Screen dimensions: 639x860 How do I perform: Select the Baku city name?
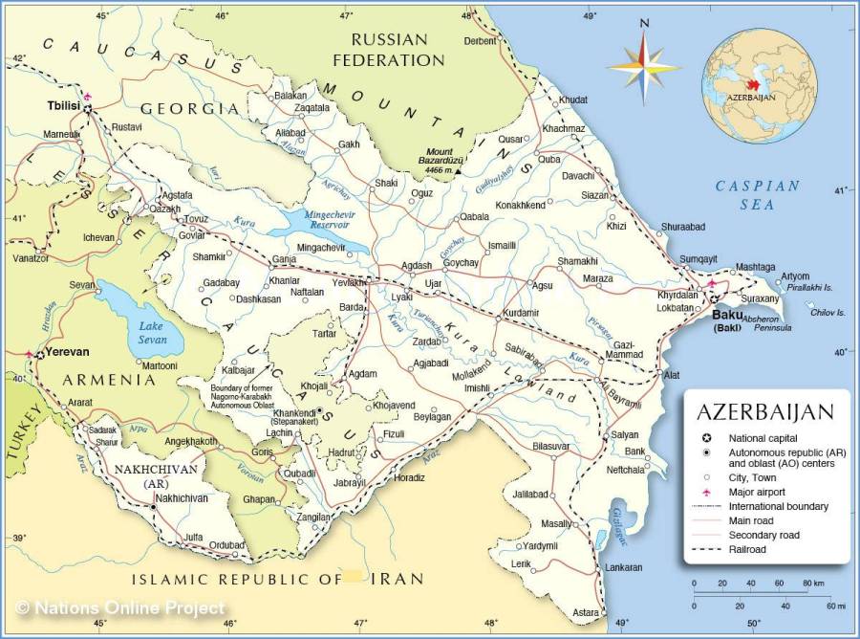pyautogui.click(x=727, y=315)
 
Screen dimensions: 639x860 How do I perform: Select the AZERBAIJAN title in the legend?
pyautogui.click(x=764, y=412)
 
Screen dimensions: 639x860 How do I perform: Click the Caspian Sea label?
pyautogui.click(x=758, y=194)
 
